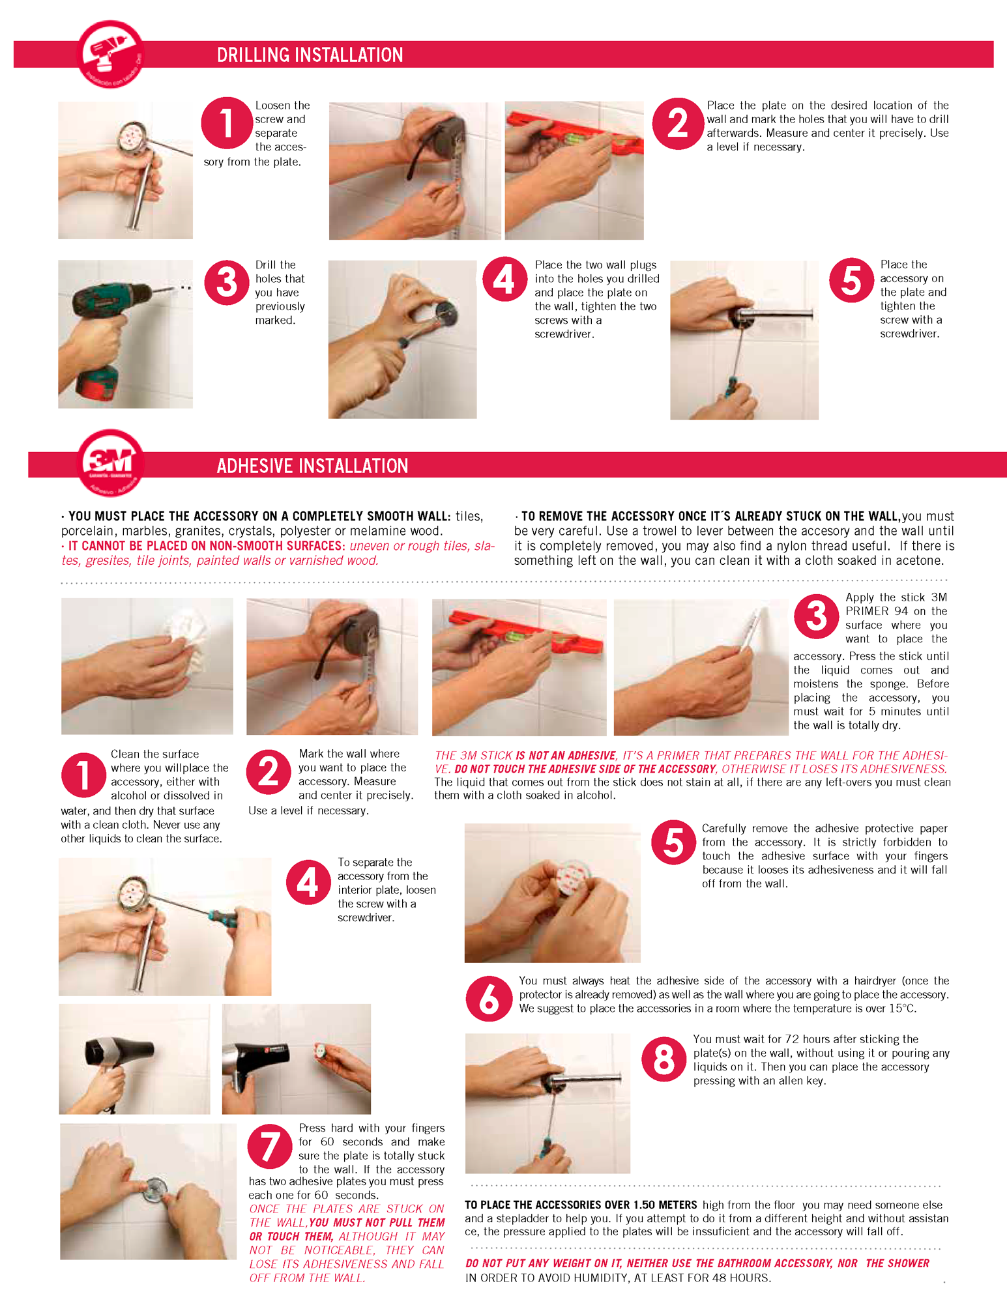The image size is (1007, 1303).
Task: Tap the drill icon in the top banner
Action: (110, 54)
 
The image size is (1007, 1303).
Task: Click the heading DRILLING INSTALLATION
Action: (310, 55)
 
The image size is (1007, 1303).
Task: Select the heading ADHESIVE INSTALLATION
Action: (313, 466)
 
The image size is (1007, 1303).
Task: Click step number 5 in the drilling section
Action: (851, 280)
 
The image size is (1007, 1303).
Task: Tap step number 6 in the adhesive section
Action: (488, 999)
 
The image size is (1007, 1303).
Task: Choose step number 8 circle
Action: (664, 1059)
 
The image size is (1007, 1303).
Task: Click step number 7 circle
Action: (270, 1147)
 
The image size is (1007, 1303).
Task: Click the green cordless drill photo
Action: (125, 334)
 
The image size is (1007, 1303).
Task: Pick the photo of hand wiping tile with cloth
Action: (147, 666)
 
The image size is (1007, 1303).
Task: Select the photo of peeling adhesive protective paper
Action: (553, 893)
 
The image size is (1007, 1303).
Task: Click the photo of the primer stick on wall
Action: (701, 668)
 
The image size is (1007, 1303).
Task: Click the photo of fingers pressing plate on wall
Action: (149, 1192)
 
